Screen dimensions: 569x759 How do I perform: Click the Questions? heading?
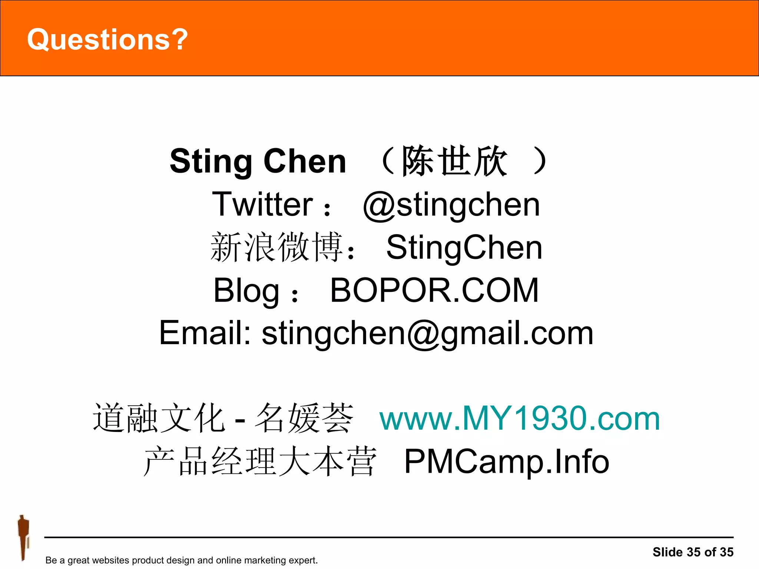click(107, 40)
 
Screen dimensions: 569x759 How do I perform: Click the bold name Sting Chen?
click(258, 161)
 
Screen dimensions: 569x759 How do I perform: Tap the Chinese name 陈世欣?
click(454, 161)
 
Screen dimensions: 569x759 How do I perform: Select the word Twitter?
click(262, 204)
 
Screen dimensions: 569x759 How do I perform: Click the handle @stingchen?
click(451, 205)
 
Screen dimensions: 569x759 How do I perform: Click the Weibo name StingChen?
click(464, 247)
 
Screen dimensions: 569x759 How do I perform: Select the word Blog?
click(246, 291)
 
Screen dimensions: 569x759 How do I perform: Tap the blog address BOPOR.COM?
click(434, 290)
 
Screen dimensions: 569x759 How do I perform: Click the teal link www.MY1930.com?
click(520, 419)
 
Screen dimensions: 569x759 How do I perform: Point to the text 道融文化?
click(159, 419)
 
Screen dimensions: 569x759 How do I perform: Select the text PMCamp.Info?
click(506, 462)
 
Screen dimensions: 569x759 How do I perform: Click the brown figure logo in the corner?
click(23, 537)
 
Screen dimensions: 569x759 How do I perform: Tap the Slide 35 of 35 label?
click(693, 552)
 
